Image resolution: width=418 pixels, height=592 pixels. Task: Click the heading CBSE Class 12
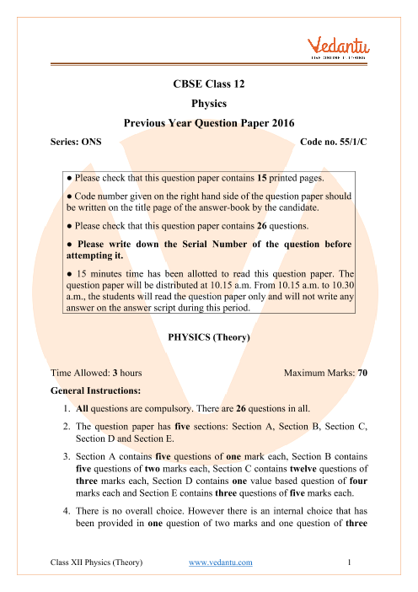coord(208,85)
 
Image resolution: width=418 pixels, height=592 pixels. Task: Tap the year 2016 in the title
coord(280,122)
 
